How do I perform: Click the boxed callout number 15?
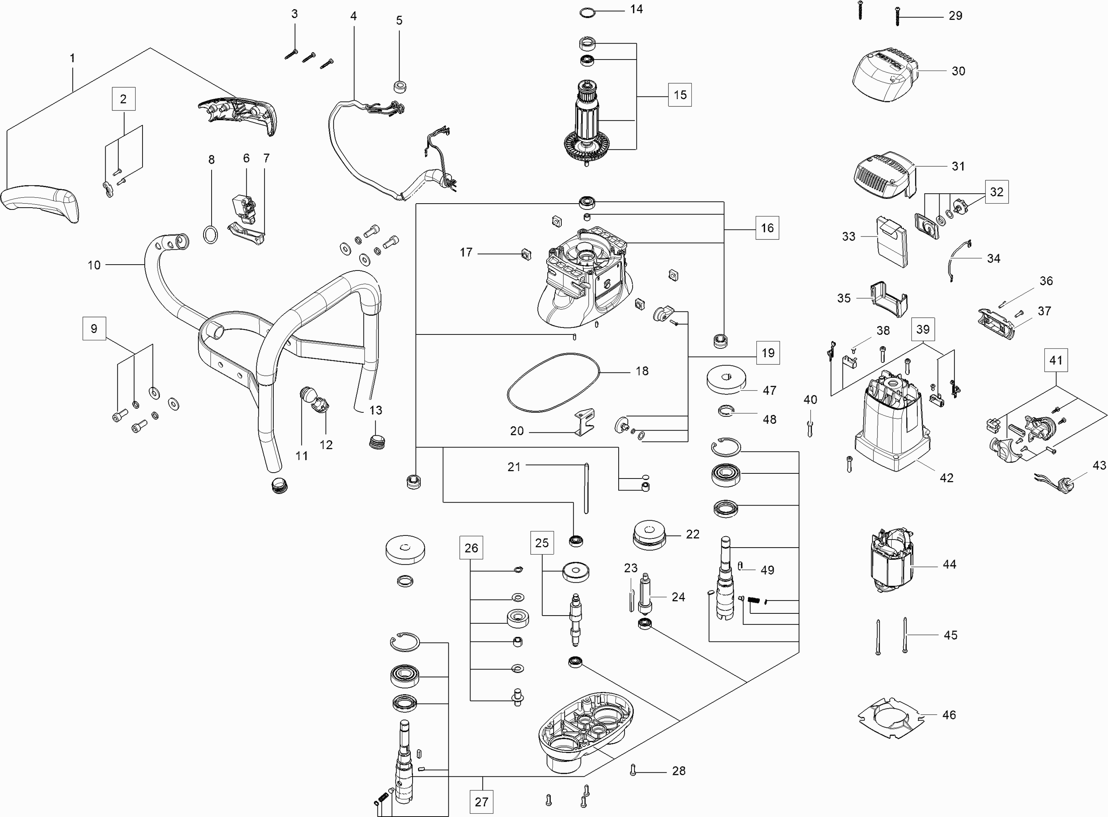(680, 95)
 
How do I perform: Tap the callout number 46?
(949, 715)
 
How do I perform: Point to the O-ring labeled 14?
(587, 13)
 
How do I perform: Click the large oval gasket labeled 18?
(553, 382)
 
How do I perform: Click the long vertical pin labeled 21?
(587, 488)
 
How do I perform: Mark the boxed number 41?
(1056, 360)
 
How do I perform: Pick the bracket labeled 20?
(584, 422)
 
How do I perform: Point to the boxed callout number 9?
(94, 329)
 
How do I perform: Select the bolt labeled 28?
(633, 770)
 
